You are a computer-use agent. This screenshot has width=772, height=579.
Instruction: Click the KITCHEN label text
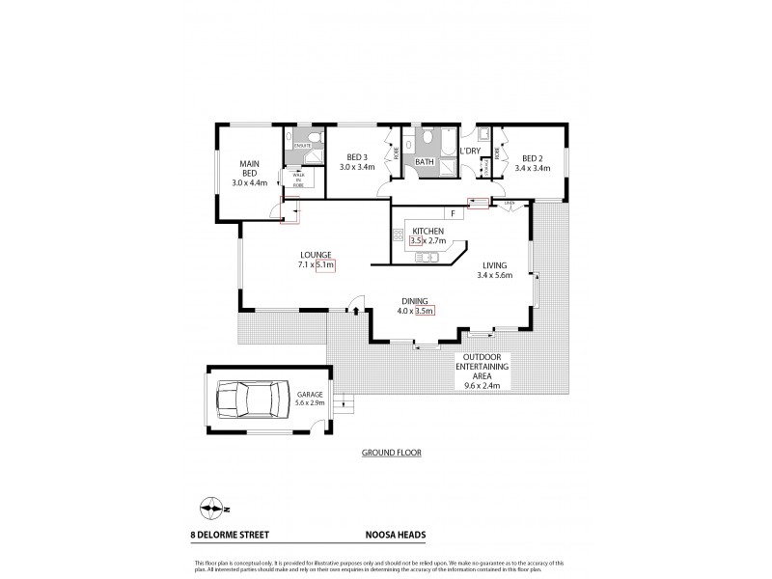point(427,233)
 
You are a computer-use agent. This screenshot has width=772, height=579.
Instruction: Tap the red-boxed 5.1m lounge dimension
point(324,264)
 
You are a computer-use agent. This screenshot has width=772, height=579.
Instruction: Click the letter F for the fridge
point(450,212)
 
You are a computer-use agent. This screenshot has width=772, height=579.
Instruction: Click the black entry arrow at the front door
point(356,312)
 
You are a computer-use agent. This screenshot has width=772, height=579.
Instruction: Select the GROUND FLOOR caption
point(390,452)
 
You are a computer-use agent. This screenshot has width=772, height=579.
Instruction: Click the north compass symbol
point(211,509)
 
